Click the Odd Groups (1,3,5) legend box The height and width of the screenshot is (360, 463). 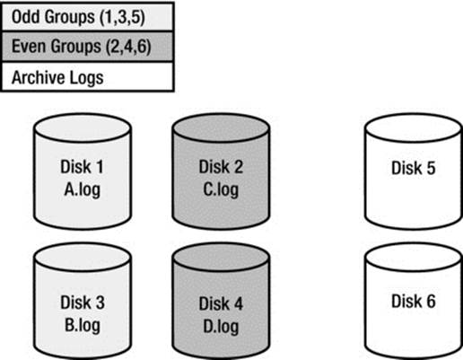click(87, 16)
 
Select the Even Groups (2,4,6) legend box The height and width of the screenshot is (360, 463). click(87, 47)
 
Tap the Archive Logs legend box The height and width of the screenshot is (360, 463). click(87, 76)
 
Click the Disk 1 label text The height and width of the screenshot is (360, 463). click(82, 167)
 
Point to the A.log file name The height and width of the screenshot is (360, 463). click(83, 189)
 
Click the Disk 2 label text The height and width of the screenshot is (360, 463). click(221, 167)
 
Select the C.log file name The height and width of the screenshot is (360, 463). click(221, 189)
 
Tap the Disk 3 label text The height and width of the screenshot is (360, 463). click(83, 303)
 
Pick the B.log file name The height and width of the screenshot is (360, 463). click(83, 325)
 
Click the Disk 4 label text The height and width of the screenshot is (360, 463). click(221, 303)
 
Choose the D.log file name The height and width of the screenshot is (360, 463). click(221, 327)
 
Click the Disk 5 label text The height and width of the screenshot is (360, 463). click(414, 168)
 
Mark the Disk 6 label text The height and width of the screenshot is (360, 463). click(414, 301)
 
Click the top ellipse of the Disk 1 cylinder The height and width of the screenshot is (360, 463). click(83, 128)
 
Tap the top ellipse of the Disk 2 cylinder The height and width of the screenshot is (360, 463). click(221, 128)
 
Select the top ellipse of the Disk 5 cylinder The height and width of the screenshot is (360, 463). click(414, 128)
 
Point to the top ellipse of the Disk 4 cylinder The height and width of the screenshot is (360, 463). click(221, 258)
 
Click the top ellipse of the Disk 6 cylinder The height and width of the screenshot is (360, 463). click(414, 258)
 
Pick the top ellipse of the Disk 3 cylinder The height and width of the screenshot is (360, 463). click(83, 258)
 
